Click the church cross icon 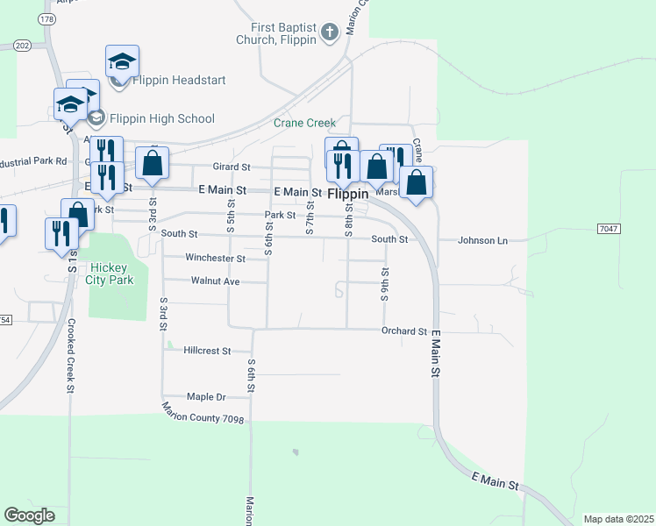(330, 33)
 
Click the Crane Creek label (304, 124)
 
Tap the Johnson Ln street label (483, 239)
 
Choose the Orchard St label (403, 331)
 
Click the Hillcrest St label (207, 351)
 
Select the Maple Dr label (207, 397)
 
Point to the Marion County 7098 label (203, 413)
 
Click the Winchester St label (215, 259)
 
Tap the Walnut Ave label (215, 281)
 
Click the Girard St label (232, 167)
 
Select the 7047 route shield (608, 229)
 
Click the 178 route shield (47, 18)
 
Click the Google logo (29, 515)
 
